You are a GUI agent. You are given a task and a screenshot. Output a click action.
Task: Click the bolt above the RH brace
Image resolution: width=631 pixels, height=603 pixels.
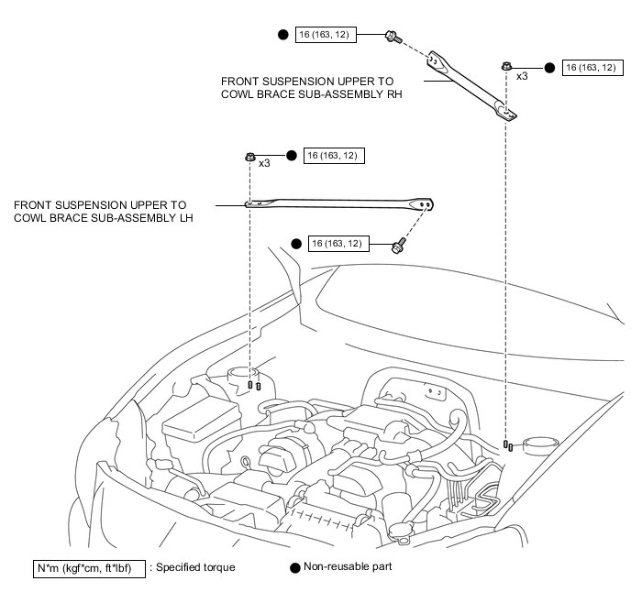(393, 37)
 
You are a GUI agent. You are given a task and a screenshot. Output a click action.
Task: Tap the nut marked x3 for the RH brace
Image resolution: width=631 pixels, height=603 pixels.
(506, 66)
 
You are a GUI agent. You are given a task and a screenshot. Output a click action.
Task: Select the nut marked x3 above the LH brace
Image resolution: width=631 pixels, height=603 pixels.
(250, 157)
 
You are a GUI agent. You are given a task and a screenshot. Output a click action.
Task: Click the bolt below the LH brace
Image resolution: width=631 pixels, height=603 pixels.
(398, 246)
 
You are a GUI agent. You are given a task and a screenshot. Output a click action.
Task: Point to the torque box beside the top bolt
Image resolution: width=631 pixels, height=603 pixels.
(326, 35)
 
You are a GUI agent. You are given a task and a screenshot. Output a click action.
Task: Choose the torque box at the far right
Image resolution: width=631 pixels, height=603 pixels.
(592, 68)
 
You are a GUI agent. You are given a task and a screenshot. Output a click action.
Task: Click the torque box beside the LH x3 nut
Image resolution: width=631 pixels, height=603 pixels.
(334, 156)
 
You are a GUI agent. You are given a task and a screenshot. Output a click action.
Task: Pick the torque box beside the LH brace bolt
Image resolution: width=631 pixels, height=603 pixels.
(338, 244)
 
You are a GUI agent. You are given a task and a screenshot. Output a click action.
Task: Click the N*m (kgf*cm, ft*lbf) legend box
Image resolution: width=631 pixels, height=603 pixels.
(89, 569)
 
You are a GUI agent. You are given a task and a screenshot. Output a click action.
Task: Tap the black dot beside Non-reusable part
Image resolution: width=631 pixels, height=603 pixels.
(295, 568)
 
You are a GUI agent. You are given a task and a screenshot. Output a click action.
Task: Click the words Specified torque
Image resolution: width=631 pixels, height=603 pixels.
(195, 567)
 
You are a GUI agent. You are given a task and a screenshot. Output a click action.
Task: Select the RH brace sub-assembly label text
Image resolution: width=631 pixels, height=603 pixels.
(312, 88)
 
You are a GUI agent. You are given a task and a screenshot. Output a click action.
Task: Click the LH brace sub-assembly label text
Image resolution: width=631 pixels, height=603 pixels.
(104, 212)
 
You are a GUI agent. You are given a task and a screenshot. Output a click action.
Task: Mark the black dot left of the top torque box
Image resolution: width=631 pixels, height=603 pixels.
(282, 35)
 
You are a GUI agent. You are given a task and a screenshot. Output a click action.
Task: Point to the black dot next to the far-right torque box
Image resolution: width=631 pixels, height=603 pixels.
(549, 68)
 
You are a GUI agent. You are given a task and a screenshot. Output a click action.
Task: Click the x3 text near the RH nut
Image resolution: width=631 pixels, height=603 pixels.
(522, 76)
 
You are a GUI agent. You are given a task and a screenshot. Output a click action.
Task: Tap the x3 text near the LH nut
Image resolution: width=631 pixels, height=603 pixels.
(264, 163)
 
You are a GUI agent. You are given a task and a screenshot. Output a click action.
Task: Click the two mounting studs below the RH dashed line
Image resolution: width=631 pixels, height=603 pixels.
(508, 445)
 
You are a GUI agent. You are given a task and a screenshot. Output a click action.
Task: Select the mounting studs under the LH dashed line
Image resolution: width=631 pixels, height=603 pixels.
(254, 386)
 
